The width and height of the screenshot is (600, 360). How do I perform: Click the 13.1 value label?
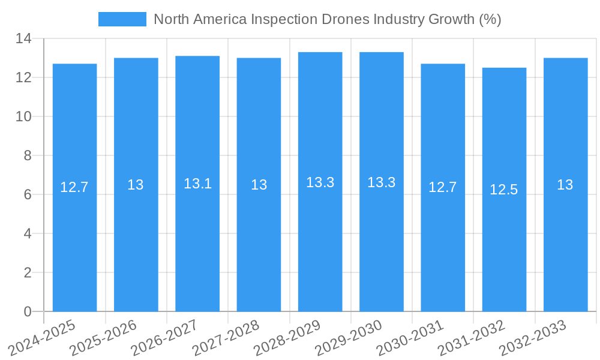pos(197,184)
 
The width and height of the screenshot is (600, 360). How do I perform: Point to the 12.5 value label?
pos(504,190)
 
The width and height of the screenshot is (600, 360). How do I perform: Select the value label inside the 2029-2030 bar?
pos(382,182)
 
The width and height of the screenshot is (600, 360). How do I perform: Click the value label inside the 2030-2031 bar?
pos(443,187)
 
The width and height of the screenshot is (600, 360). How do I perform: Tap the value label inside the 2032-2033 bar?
pos(565,185)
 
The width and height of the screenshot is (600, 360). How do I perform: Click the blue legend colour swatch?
pos(122,19)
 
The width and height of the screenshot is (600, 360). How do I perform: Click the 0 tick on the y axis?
pos(28,311)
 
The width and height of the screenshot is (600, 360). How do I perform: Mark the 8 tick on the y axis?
pos(28,155)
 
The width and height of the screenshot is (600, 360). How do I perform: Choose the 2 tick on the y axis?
pos(28,272)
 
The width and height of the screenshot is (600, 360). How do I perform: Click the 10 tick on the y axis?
pos(23,116)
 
